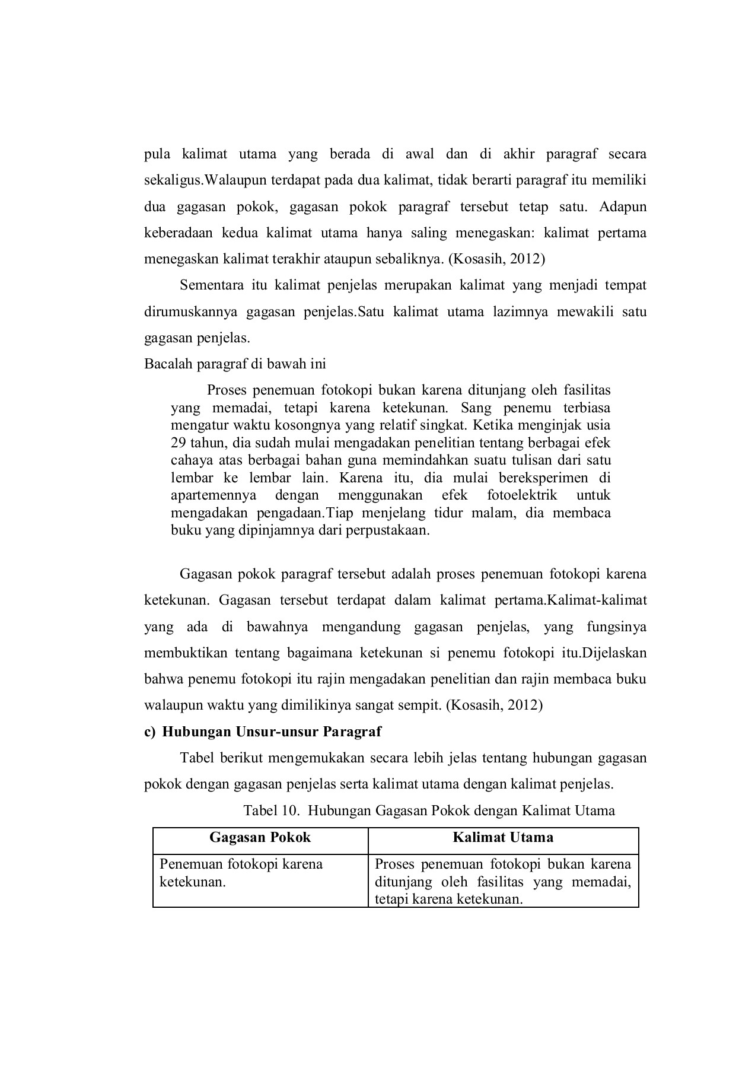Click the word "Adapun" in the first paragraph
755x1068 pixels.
point(623,207)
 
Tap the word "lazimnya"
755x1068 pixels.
point(521,311)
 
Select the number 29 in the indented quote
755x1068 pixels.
point(179,443)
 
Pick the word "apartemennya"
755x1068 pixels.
point(214,495)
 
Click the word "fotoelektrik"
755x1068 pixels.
point(522,495)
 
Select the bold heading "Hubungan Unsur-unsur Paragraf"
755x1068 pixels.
point(272,732)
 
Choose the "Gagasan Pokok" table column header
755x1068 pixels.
point(260,837)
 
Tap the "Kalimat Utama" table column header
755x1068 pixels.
point(503,837)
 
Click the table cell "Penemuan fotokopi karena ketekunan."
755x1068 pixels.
point(241,872)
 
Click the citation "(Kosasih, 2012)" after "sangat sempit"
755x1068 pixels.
point(494,705)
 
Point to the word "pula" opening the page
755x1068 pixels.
point(157,155)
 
